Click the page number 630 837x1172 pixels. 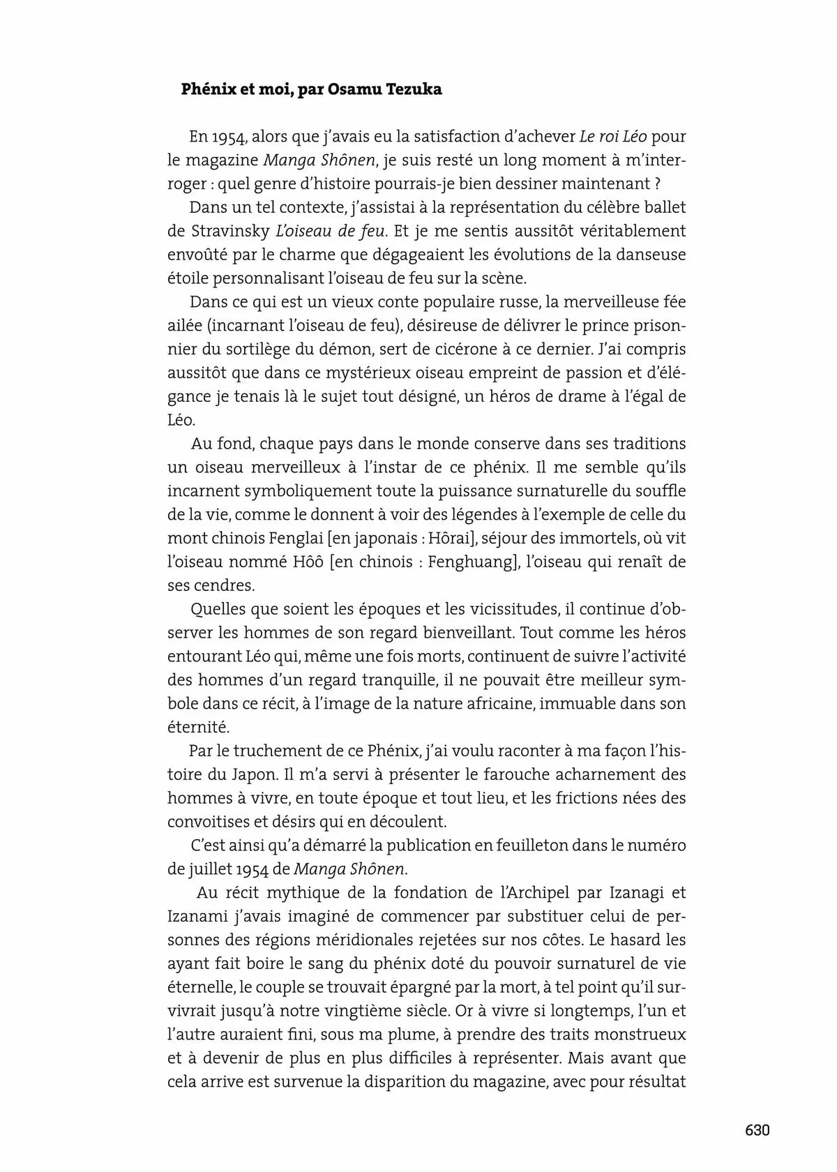pyautogui.click(x=756, y=1130)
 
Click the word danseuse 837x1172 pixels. pyautogui.click(x=649, y=255)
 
